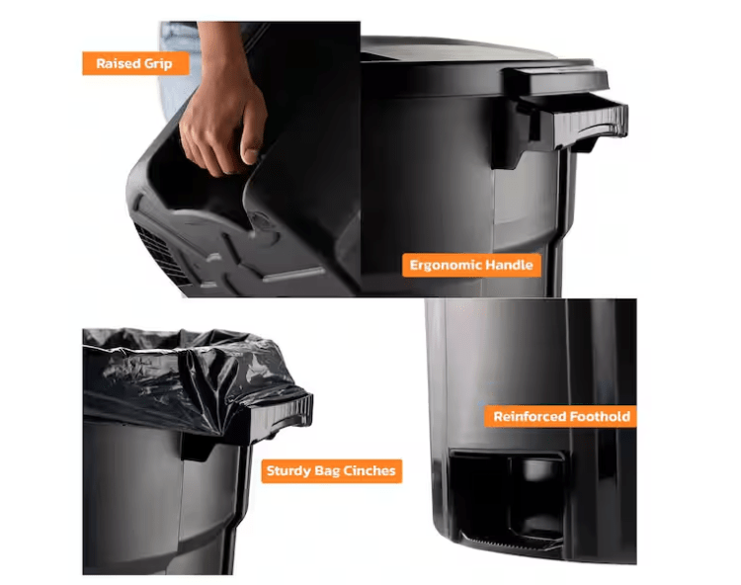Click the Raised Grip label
pyautogui.click(x=135, y=63)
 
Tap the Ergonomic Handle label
pyautogui.click(x=471, y=265)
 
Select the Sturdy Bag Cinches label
pyautogui.click(x=331, y=470)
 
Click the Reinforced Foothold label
pyautogui.click(x=561, y=416)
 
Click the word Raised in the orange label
pyautogui.click(x=118, y=63)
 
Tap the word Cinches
pyautogui.click(x=370, y=470)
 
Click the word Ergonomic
pyautogui.click(x=447, y=265)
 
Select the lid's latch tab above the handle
pyautogui.click(x=555, y=80)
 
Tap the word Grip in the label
pyautogui.click(x=158, y=64)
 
